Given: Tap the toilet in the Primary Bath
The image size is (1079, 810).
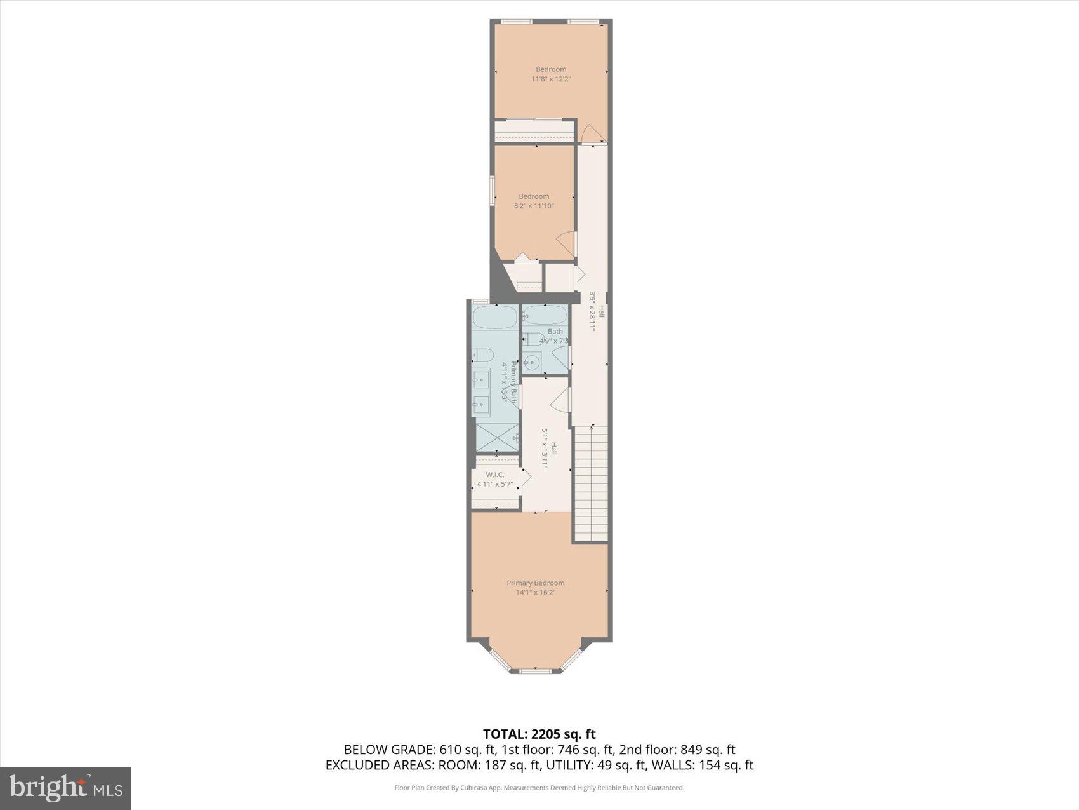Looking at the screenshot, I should pos(482,354).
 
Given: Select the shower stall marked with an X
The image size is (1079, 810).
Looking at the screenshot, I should pos(497,437).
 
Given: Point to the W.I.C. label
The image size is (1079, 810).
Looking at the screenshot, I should pos(494,475).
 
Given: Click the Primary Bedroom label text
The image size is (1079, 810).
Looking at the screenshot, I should pos(535,583).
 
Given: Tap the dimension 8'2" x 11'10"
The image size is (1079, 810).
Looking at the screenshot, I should pos(534,206).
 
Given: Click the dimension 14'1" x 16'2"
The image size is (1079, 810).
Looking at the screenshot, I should pos(535,593).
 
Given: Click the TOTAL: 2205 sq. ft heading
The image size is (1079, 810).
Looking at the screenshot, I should pos(539,734).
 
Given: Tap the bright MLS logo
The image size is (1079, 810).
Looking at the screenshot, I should pos(66,788).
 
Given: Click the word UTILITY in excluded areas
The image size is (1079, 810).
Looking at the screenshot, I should pos(569,765).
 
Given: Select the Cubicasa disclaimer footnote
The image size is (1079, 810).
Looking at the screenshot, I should pos(539,788).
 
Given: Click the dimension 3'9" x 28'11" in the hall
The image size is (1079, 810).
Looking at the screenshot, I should pos(593,312).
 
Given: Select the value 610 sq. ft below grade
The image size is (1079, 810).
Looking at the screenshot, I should pos(467,750).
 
